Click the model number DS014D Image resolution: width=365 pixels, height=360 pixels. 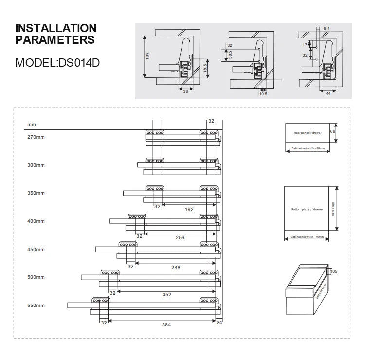coord(78,63)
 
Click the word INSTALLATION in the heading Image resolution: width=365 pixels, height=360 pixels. coord(56,28)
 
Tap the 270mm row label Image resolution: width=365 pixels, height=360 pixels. coord(36,137)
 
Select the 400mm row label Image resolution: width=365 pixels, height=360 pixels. coord(36,221)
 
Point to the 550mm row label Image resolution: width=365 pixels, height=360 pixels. coord(36,306)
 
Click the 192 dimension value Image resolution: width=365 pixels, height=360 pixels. coord(189,210)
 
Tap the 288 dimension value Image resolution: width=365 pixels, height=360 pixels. coord(176,267)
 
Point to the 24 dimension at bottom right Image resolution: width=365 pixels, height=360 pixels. coord(219,322)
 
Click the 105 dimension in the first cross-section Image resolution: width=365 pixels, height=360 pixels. coord(147,56)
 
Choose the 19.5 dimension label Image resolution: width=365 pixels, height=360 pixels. coord(263,94)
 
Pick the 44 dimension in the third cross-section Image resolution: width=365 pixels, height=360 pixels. coord(328,93)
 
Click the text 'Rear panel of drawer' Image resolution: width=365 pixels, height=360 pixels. coord(308,132)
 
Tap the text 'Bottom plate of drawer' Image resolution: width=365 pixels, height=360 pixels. coord(307,209)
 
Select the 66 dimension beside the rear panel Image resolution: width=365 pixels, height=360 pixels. coord(333,132)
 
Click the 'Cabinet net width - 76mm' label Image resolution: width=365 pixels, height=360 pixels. coord(307,237)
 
